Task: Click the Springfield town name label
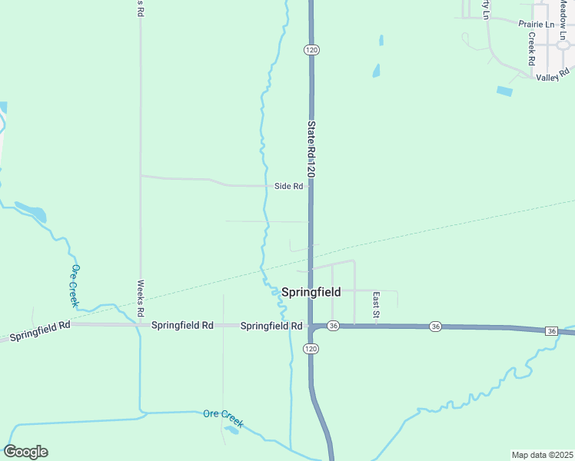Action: point(311,292)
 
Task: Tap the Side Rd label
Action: point(288,187)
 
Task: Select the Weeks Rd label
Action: point(141,299)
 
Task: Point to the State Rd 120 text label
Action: point(311,150)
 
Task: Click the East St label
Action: point(376,304)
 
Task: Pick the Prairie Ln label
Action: point(536,25)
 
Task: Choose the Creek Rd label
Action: point(531,48)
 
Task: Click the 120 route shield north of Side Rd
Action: point(311,50)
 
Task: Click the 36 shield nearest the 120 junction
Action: point(333,326)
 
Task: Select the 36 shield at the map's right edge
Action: point(552,330)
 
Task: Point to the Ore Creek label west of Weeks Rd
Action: point(75,285)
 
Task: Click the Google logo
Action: point(25,452)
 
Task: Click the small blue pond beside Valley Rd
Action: point(504,91)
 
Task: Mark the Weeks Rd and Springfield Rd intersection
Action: point(141,325)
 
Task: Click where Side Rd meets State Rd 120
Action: point(311,186)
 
